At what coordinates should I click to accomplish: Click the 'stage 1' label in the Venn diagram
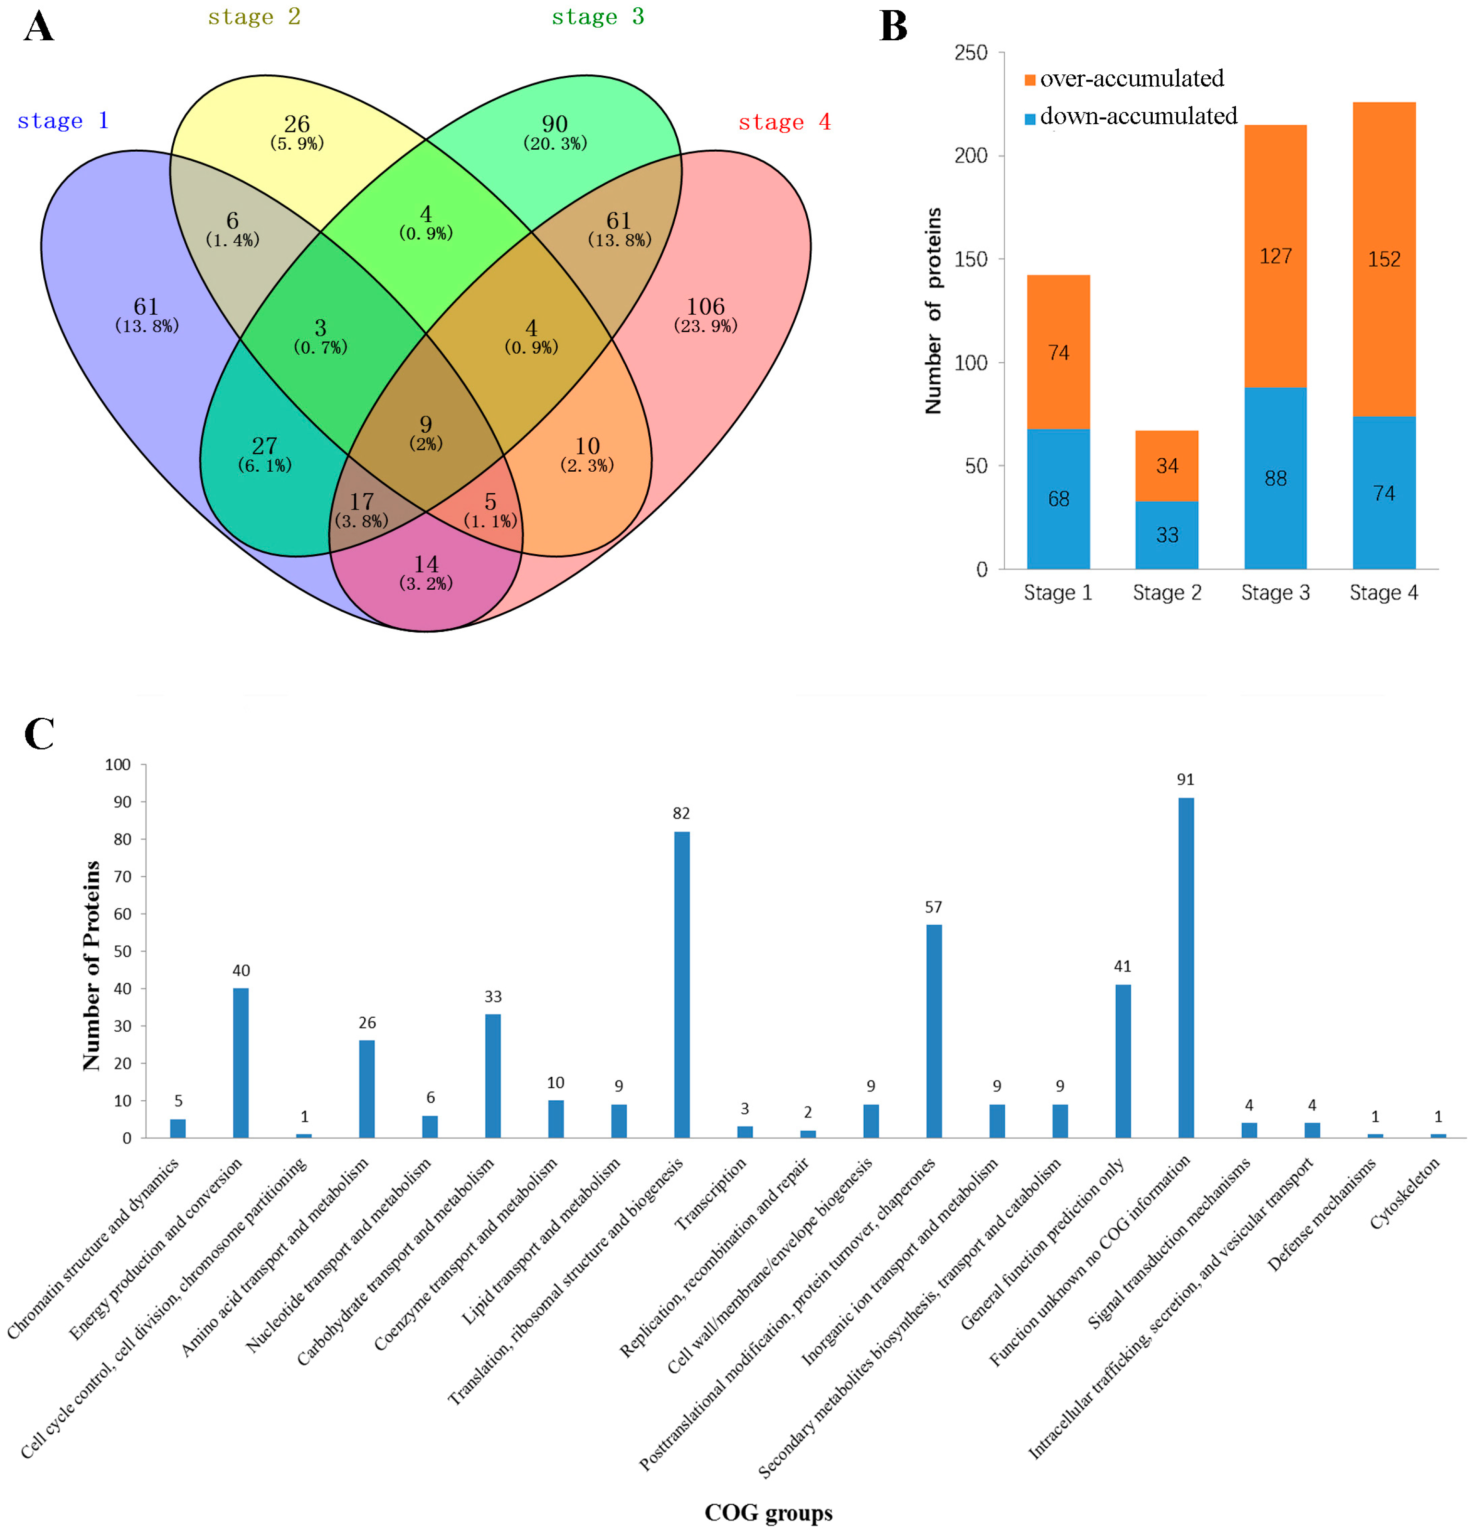coord(63,120)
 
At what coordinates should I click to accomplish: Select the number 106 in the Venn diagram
coord(705,306)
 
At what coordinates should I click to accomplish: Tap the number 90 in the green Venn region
coord(554,124)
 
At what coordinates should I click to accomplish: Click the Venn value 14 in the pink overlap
coord(426,564)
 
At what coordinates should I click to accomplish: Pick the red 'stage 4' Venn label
coord(784,122)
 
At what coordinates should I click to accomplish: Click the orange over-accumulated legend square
coord(1030,80)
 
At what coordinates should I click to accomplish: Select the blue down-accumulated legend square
coord(1030,118)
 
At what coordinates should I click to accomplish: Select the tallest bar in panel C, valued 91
coord(1186,967)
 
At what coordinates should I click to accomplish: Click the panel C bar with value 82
coord(681,985)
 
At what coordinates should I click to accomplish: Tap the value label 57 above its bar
coord(933,907)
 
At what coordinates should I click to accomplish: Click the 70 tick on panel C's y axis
coord(122,876)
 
